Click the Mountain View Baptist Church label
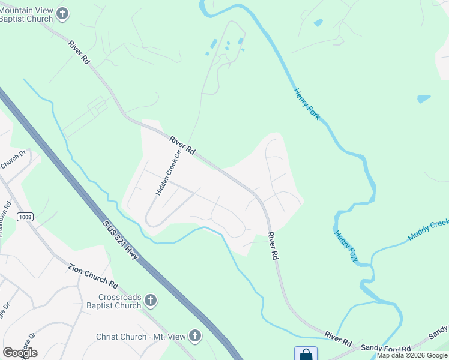[x=27, y=14]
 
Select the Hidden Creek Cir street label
[x=168, y=173]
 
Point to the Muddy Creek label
[x=429, y=230]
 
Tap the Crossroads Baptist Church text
[x=120, y=301]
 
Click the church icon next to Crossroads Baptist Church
[x=151, y=299]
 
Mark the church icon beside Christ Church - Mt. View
[x=194, y=336]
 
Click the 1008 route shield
[x=25, y=217]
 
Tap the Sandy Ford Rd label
[x=389, y=348]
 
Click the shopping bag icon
[x=306, y=354]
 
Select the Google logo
[x=19, y=353]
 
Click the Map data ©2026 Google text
[x=412, y=356]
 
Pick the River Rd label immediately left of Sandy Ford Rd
[x=339, y=338]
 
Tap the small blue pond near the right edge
[x=424, y=98]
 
